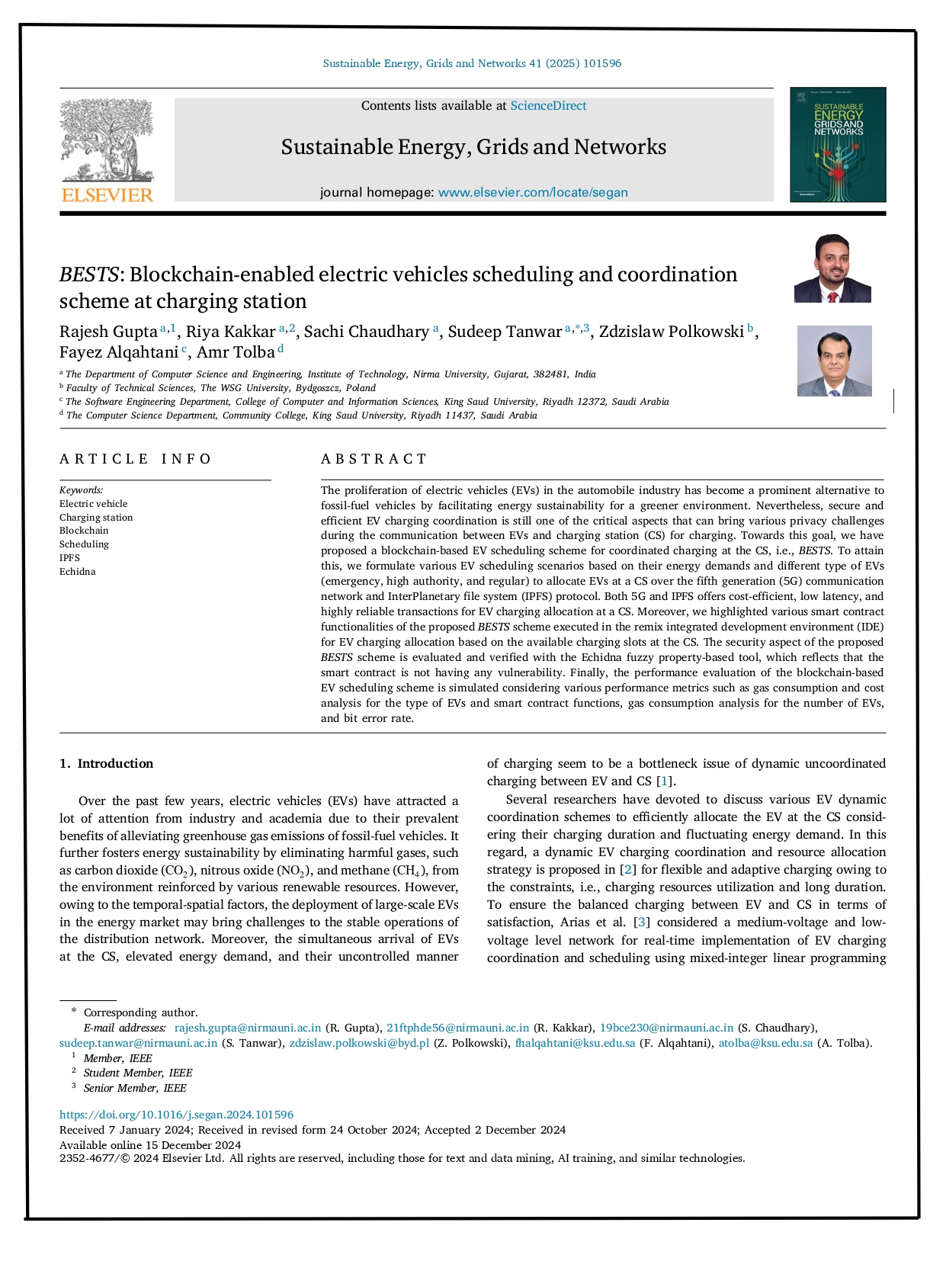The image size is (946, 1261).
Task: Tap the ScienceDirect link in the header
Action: tap(548, 106)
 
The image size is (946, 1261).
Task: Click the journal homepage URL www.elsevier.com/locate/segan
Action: tap(533, 192)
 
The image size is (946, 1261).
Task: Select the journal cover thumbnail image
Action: tap(838, 144)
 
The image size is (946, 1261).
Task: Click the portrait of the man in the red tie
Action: tap(832, 268)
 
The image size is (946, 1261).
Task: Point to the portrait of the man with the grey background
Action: tap(834, 361)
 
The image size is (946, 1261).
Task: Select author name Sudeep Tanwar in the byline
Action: tap(505, 332)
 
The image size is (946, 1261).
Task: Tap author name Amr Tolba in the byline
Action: tap(236, 352)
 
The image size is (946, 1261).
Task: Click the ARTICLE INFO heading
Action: tap(136, 459)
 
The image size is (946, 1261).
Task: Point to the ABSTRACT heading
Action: tap(374, 459)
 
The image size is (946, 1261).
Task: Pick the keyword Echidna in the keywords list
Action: tap(78, 572)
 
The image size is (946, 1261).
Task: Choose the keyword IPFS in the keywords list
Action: tap(69, 558)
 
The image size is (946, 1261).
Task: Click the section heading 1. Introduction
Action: tap(107, 764)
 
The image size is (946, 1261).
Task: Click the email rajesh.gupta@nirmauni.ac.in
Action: tap(248, 1028)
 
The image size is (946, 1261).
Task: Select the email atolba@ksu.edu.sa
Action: tap(765, 1043)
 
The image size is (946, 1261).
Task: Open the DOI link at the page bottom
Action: tap(176, 1115)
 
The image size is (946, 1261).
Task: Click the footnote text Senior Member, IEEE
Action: tap(135, 1088)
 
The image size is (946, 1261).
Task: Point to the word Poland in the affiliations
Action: tap(361, 388)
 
